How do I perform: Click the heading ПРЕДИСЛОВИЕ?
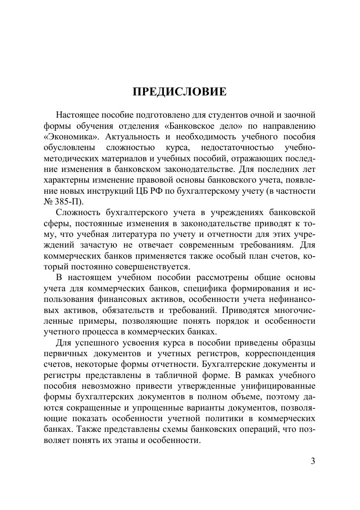(180, 92)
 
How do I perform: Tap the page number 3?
(313, 461)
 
